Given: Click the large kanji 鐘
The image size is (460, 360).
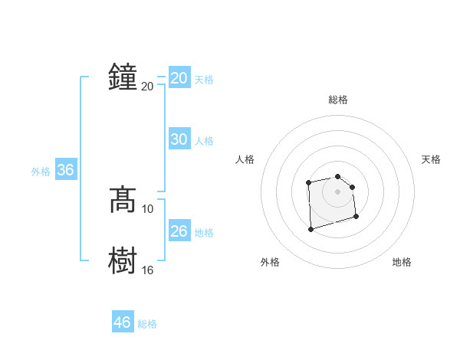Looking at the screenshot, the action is pyautogui.click(x=123, y=77).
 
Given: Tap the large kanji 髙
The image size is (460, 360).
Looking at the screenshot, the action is pyautogui.click(x=123, y=200).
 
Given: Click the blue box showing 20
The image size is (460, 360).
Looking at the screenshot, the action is pyautogui.click(x=179, y=78).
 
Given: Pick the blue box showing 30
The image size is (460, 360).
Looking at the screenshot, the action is pyautogui.click(x=179, y=139).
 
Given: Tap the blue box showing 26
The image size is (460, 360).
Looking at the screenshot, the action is pyautogui.click(x=179, y=231).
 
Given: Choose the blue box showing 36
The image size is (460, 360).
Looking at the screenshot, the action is pyautogui.click(x=66, y=170).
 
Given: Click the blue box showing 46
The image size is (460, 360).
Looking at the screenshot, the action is pyautogui.click(x=123, y=322).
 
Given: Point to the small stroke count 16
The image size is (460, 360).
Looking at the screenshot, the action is pyautogui.click(x=148, y=270).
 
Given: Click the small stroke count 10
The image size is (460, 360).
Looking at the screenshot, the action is pyautogui.click(x=148, y=208).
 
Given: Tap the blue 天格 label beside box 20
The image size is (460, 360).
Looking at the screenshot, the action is pyautogui.click(x=204, y=80).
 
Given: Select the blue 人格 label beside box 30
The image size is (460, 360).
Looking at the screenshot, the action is pyautogui.click(x=204, y=141).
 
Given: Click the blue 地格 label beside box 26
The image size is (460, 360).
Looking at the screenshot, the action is pyautogui.click(x=204, y=233).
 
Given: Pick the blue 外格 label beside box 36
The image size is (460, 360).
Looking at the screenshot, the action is pyautogui.click(x=41, y=172).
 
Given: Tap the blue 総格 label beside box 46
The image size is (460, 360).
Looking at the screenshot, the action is pyautogui.click(x=147, y=324).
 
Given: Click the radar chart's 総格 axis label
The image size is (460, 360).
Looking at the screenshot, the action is pyautogui.click(x=338, y=100).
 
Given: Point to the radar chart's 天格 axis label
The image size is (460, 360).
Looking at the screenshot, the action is pyautogui.click(x=432, y=159).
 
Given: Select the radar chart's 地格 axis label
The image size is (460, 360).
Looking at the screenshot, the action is pyautogui.click(x=402, y=262).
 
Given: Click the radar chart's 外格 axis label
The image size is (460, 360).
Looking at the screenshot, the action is pyautogui.click(x=270, y=262).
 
